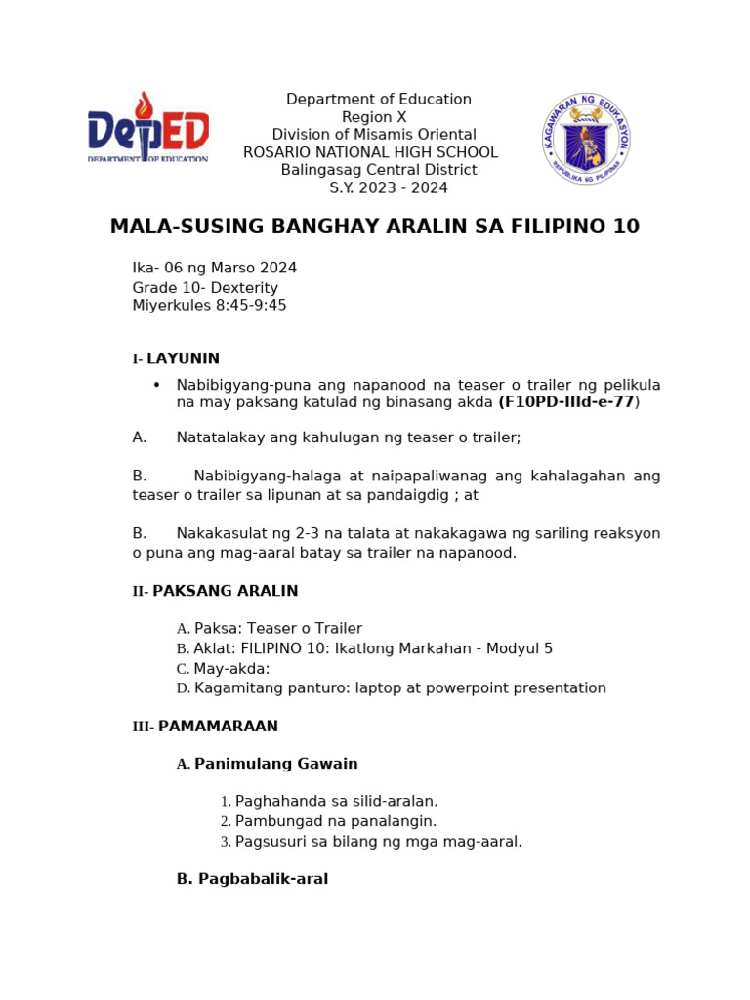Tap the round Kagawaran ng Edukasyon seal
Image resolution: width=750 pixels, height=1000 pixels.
[x=586, y=139]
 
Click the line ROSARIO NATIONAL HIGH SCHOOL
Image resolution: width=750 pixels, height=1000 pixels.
[x=370, y=152]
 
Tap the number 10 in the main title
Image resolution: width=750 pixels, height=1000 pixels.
[x=626, y=228]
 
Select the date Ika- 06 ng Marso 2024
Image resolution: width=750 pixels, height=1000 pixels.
[x=215, y=268]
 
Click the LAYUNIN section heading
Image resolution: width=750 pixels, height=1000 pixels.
[x=183, y=358]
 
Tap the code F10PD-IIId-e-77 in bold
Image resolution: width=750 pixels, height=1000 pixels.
[x=566, y=402]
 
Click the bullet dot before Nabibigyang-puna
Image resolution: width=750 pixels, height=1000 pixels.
[x=156, y=384]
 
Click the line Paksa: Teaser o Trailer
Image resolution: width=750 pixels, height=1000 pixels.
[x=277, y=628]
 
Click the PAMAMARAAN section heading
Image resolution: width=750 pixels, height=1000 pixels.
[x=218, y=726]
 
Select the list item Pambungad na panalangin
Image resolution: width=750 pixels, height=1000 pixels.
[x=335, y=821]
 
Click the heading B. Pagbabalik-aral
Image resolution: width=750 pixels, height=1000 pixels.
[x=252, y=879]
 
